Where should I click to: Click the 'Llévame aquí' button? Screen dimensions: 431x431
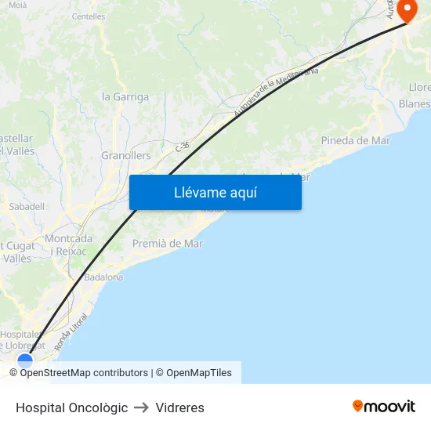(215, 192)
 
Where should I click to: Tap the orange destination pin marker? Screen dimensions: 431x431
(408, 10)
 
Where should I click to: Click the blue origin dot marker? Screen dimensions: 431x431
(26, 361)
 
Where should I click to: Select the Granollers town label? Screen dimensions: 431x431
(125, 155)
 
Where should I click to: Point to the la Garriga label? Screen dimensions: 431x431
(125, 97)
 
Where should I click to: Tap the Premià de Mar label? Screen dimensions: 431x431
(168, 243)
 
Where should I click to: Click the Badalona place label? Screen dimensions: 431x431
(103, 277)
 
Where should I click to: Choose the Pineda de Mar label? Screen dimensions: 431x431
(355, 140)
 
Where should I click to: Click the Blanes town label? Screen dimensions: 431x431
(415, 103)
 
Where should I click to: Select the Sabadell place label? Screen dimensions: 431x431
(27, 206)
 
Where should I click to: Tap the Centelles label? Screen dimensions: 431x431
(88, 16)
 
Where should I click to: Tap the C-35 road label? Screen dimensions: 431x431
(183, 145)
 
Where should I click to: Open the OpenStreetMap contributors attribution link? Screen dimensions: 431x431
(84, 373)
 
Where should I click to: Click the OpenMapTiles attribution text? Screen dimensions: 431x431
(199, 373)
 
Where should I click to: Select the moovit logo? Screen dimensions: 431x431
(384, 407)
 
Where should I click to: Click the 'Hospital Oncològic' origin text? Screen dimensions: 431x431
(71, 407)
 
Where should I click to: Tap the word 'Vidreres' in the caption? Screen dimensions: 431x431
(180, 407)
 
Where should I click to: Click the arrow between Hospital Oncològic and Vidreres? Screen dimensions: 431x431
(142, 407)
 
